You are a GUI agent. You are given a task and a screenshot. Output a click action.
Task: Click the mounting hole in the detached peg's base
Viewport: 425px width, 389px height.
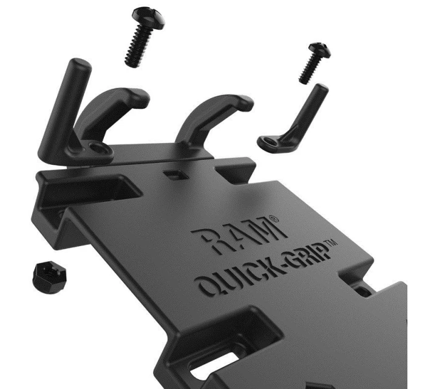coord(267,141)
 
